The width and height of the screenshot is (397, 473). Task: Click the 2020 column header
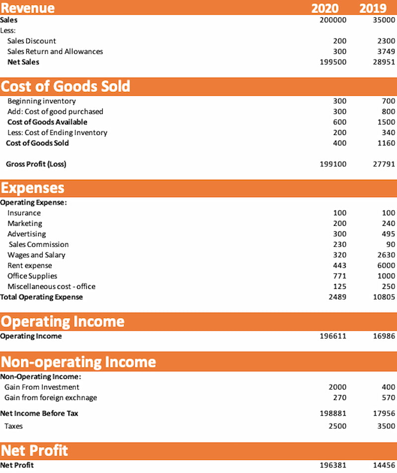(325, 8)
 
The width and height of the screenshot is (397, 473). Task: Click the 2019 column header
(373, 8)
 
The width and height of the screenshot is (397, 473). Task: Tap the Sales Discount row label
(32, 41)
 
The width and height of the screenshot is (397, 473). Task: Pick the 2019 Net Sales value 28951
(384, 62)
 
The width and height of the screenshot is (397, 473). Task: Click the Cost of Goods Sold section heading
(66, 86)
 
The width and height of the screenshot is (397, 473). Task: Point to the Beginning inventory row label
(42, 101)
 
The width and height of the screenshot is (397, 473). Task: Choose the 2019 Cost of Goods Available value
(386, 122)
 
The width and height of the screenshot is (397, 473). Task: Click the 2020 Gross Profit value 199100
(333, 164)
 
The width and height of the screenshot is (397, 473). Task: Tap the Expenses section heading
(33, 188)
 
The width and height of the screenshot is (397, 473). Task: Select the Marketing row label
(25, 224)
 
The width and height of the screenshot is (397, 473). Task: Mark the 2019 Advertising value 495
(389, 234)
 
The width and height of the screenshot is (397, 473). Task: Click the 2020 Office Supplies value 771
(340, 276)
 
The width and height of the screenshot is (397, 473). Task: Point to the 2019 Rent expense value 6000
(386, 266)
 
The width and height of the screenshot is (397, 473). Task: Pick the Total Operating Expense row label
(42, 297)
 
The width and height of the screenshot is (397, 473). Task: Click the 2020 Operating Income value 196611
(333, 337)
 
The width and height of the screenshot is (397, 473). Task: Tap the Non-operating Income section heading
(78, 362)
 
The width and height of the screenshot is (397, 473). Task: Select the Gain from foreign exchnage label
(51, 398)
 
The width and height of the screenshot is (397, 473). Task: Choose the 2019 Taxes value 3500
(386, 426)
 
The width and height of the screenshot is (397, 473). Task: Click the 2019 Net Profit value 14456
(384, 466)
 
